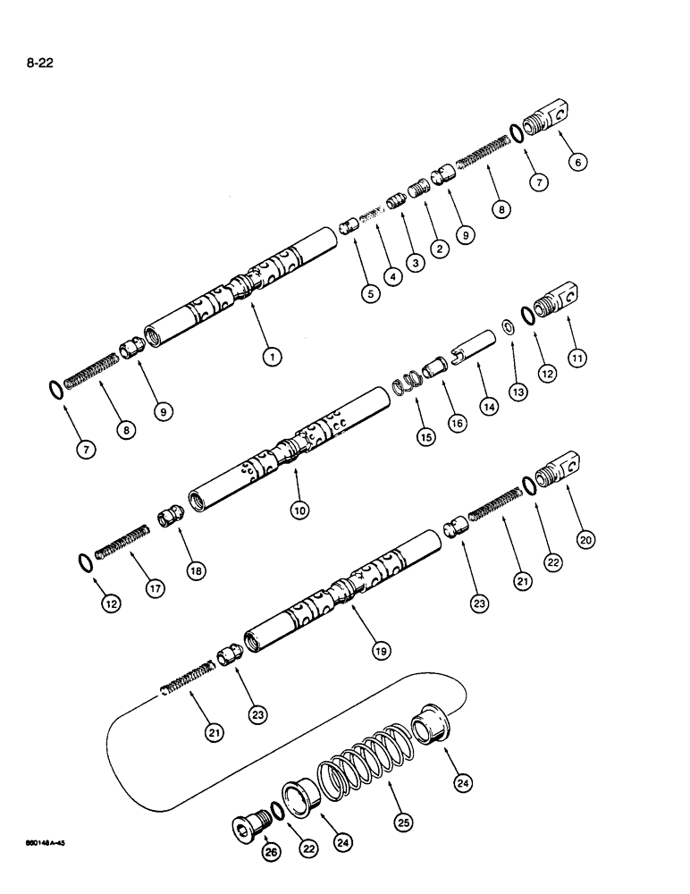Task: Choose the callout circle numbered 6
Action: [577, 162]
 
